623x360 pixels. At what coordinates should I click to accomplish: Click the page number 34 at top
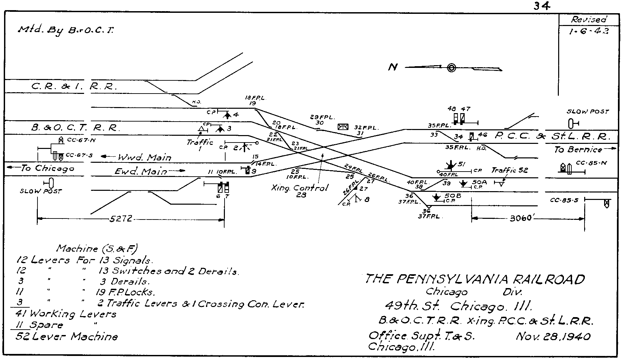pyautogui.click(x=542, y=6)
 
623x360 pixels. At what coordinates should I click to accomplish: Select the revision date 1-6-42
pyautogui.click(x=589, y=31)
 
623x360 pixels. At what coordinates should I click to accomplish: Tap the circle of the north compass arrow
pyautogui.click(x=451, y=68)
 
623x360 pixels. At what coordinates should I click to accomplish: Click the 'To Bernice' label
pyautogui.click(x=578, y=150)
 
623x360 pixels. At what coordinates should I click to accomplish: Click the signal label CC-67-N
pyautogui.click(x=78, y=140)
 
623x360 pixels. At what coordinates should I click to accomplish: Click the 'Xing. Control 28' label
pyautogui.click(x=300, y=191)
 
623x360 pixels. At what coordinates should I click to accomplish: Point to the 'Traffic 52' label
pyautogui.click(x=509, y=170)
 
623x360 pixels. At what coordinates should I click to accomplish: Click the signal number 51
pyautogui.click(x=462, y=164)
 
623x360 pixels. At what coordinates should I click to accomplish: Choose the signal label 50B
pyautogui.click(x=452, y=196)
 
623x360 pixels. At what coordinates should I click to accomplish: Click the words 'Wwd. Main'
pyautogui.click(x=144, y=157)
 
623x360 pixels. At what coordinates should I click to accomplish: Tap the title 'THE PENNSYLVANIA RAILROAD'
pyautogui.click(x=474, y=279)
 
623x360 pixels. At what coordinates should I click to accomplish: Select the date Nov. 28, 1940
pyautogui.click(x=553, y=337)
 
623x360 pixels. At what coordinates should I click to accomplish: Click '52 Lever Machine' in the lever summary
pyautogui.click(x=67, y=337)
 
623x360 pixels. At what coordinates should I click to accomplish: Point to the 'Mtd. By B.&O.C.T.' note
pyautogui.click(x=66, y=30)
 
